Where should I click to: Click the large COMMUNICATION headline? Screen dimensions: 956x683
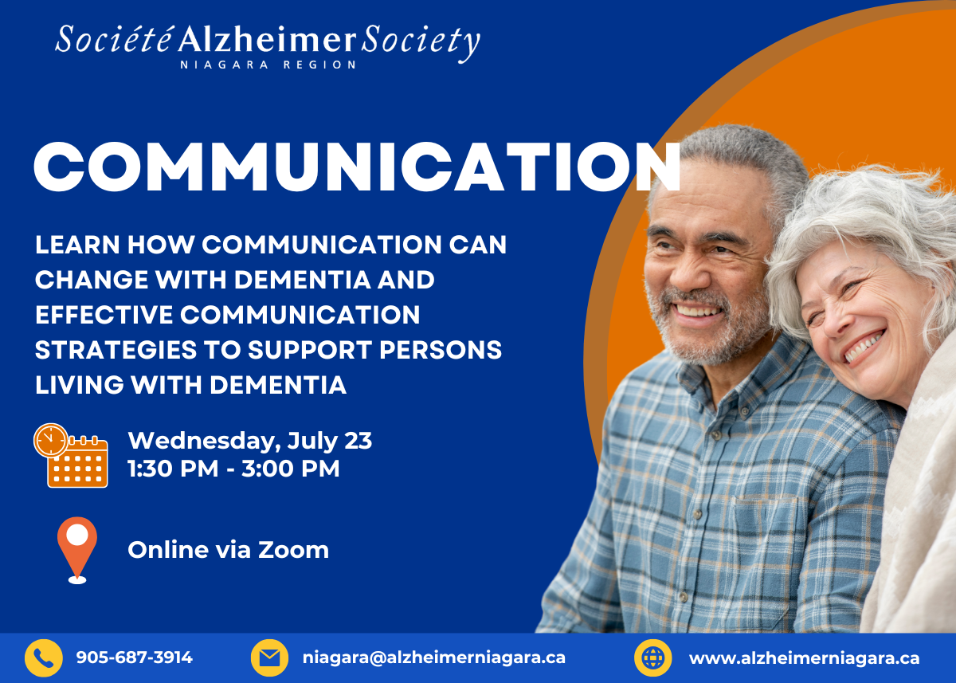tap(357, 167)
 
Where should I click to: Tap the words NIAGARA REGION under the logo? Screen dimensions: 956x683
tap(268, 65)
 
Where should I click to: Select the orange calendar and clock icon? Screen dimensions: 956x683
tap(70, 455)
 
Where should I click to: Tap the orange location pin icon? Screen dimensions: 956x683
tap(77, 550)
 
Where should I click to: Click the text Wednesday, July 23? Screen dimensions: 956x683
tap(250, 441)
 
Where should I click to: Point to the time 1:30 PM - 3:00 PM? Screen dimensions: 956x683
tap(234, 469)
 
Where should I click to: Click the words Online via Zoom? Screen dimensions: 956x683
tap(229, 550)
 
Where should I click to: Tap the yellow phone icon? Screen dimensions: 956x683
tap(44, 657)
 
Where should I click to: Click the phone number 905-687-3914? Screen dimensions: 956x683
tap(135, 657)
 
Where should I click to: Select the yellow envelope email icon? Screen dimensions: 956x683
tap(269, 657)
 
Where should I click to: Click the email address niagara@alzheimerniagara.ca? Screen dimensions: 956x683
tap(434, 657)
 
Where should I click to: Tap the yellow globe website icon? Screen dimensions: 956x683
tap(653, 657)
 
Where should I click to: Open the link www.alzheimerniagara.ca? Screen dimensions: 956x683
tap(804, 657)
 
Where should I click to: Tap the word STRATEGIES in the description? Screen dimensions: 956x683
tap(116, 350)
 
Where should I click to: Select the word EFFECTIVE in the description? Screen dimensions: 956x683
tap(104, 315)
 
